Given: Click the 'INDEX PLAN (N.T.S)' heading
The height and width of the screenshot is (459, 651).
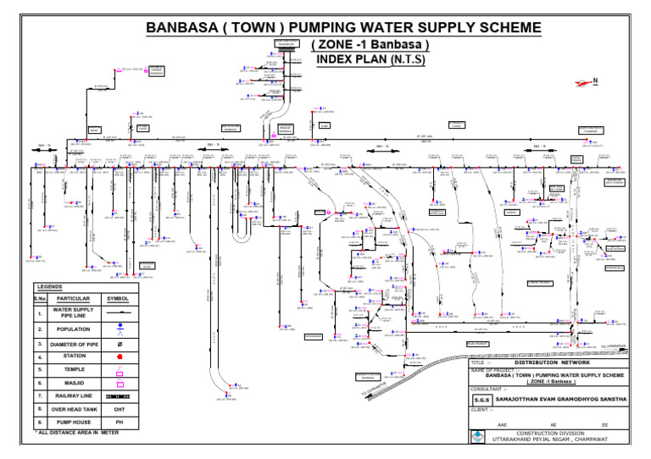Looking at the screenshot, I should coord(370,60).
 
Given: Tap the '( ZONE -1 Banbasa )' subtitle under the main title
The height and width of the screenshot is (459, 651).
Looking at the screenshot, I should coord(370,45).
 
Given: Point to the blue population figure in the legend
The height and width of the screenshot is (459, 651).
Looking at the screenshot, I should coord(120,329).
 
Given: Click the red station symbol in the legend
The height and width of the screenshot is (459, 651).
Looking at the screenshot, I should coord(120,357).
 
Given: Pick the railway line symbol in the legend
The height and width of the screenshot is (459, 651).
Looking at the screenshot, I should coord(120,395).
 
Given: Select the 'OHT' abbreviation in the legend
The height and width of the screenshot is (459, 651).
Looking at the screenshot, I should coord(120,408).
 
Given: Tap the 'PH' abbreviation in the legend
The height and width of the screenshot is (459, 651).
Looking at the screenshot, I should coord(120,421).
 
